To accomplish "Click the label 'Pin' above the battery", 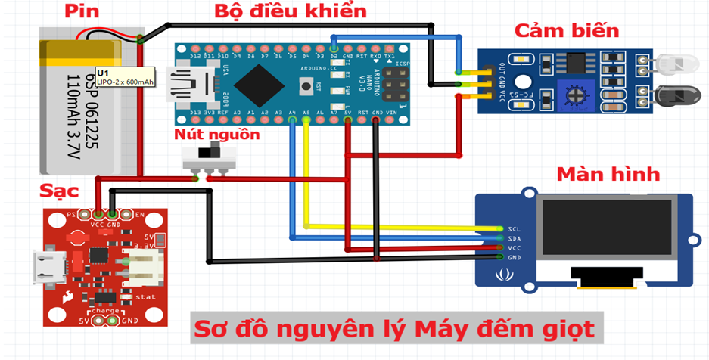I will [x=82, y=11].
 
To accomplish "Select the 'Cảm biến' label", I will [x=567, y=31].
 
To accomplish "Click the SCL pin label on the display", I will [x=515, y=228].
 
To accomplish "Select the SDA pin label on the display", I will [x=515, y=237].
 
